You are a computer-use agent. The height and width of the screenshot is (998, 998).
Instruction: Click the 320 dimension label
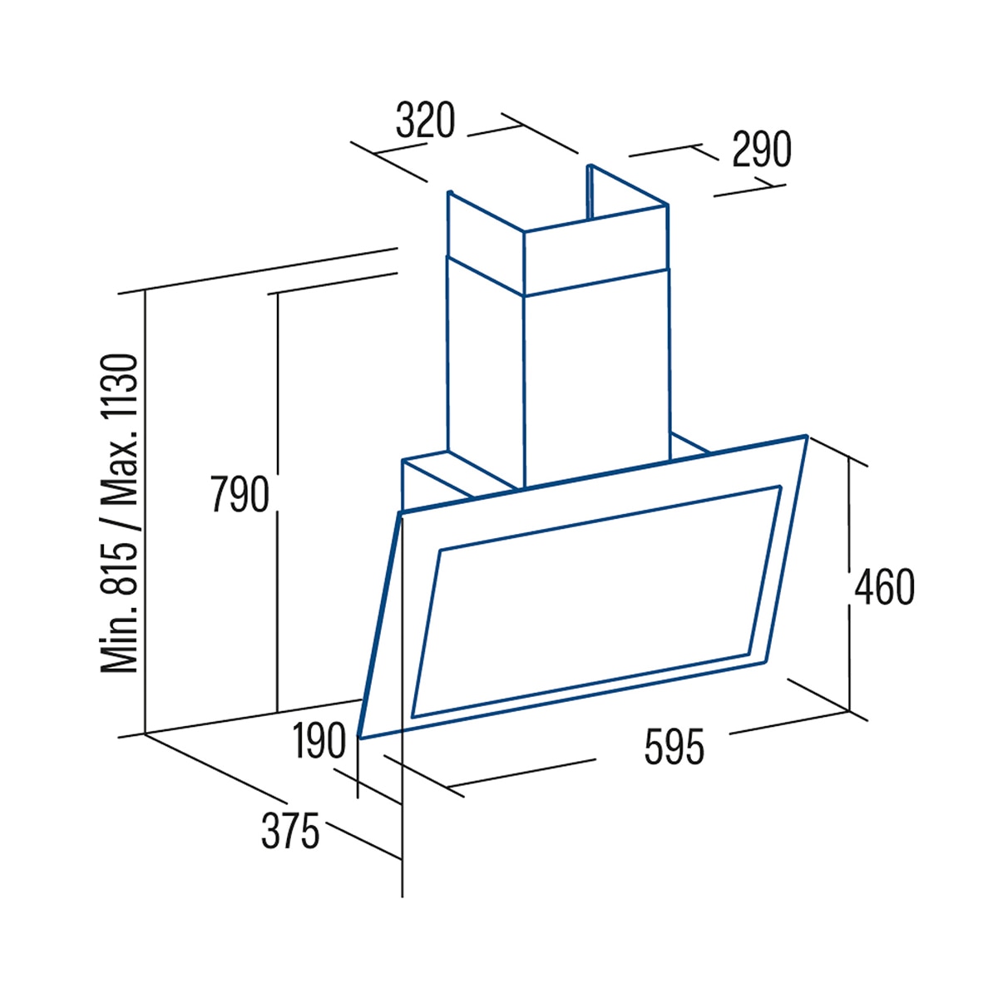point(425,120)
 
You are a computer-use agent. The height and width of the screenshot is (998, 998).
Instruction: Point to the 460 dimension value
point(885,587)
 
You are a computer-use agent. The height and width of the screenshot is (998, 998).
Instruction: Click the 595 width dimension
point(674,747)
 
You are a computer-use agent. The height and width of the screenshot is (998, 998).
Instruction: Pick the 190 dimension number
point(319,741)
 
